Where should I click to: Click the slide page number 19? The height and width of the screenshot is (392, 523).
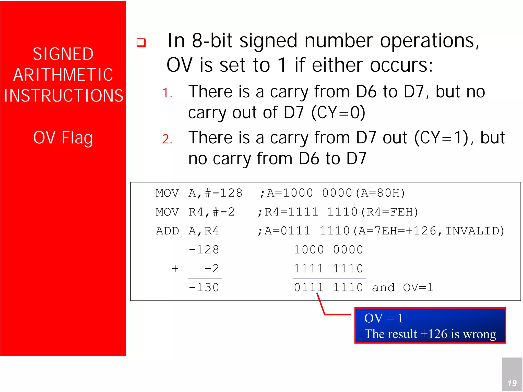[x=512, y=383]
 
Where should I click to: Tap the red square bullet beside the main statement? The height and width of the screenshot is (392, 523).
[x=141, y=42]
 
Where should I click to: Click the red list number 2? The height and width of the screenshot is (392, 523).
[x=167, y=139]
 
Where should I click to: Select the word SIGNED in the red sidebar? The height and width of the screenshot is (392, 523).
[x=63, y=54]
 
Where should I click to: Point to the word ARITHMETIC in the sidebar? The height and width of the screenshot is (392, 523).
[x=63, y=75]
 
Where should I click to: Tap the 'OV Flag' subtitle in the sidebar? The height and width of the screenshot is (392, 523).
[x=63, y=138]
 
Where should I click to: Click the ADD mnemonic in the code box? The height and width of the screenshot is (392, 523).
[x=167, y=231]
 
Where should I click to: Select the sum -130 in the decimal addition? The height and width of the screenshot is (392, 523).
[x=204, y=288]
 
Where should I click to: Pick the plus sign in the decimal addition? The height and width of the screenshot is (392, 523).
[x=175, y=269]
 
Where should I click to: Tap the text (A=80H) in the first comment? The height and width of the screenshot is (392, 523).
[x=381, y=193]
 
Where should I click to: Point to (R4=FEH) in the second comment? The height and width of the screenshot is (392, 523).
[x=390, y=212]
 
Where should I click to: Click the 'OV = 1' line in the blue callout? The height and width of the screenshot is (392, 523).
[x=383, y=318]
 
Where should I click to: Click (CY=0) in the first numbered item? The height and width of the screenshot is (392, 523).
[x=338, y=112]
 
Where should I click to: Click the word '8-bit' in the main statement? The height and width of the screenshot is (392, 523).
[x=212, y=41]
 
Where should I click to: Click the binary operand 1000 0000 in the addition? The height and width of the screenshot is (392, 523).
[x=328, y=250]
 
